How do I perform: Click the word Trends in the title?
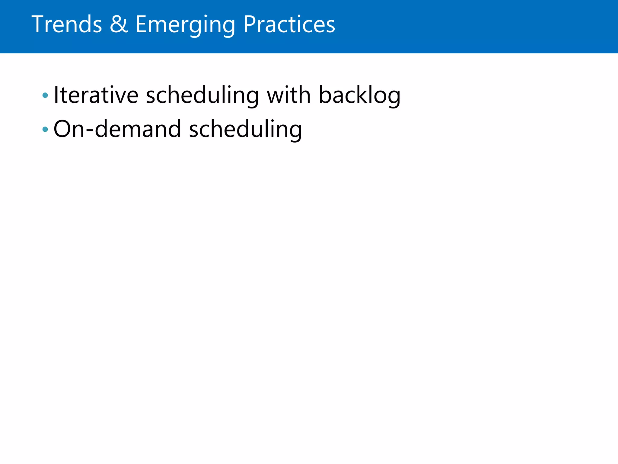[x=67, y=24]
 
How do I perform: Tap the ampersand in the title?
[x=119, y=24]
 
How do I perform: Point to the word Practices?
[x=289, y=24]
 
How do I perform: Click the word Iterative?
[x=96, y=95]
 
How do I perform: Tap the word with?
[x=288, y=95]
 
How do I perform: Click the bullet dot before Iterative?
[x=45, y=95]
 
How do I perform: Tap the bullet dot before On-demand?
[x=45, y=129]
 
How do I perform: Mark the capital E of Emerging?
[x=141, y=24]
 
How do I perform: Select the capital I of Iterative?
[x=56, y=95]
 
